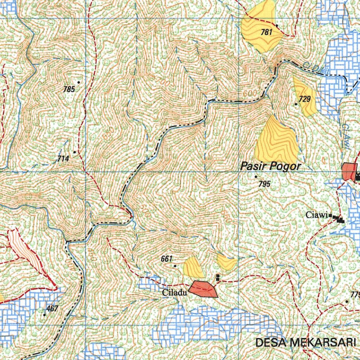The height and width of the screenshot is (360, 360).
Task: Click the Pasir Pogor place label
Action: click(270, 166)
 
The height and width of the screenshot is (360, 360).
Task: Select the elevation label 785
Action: click(69, 89)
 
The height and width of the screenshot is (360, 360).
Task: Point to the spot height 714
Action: click(63, 159)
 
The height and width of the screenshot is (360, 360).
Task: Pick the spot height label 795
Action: click(264, 184)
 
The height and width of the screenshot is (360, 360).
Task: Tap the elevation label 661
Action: click(166, 259)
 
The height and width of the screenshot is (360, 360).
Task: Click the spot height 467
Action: click(52, 309)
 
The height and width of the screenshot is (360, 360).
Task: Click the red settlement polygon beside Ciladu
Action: click(204, 289)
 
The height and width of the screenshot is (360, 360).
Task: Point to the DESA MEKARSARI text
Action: click(306, 342)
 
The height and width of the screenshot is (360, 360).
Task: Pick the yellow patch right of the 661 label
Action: click(193, 267)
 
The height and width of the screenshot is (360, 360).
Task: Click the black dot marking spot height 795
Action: click(256, 176)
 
